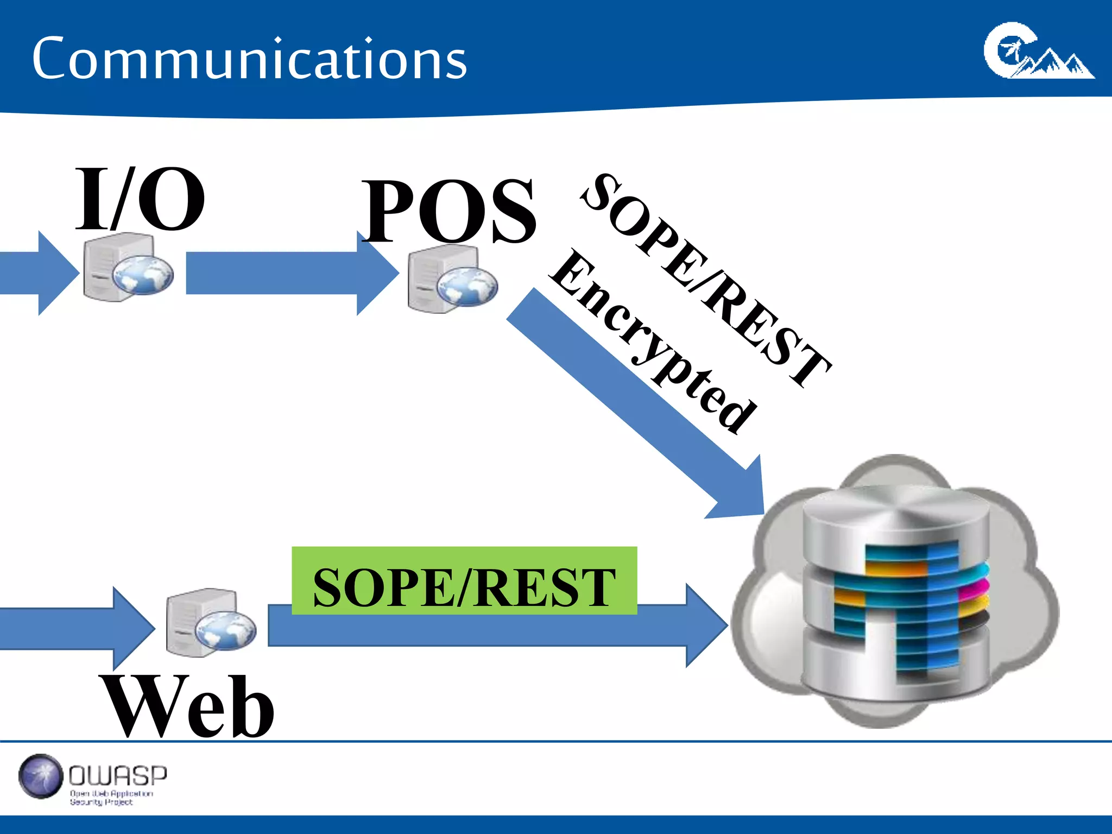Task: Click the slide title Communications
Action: point(249,59)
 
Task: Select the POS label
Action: point(450,211)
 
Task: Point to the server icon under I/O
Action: point(128,267)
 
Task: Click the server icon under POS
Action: point(452,279)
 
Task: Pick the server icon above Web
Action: point(211,623)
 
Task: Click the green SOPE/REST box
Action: point(464,580)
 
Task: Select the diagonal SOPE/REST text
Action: point(706,280)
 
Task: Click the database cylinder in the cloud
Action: point(896,592)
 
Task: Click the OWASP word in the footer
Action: point(118,775)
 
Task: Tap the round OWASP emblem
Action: point(41,776)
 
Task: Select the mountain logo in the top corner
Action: point(1038,52)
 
